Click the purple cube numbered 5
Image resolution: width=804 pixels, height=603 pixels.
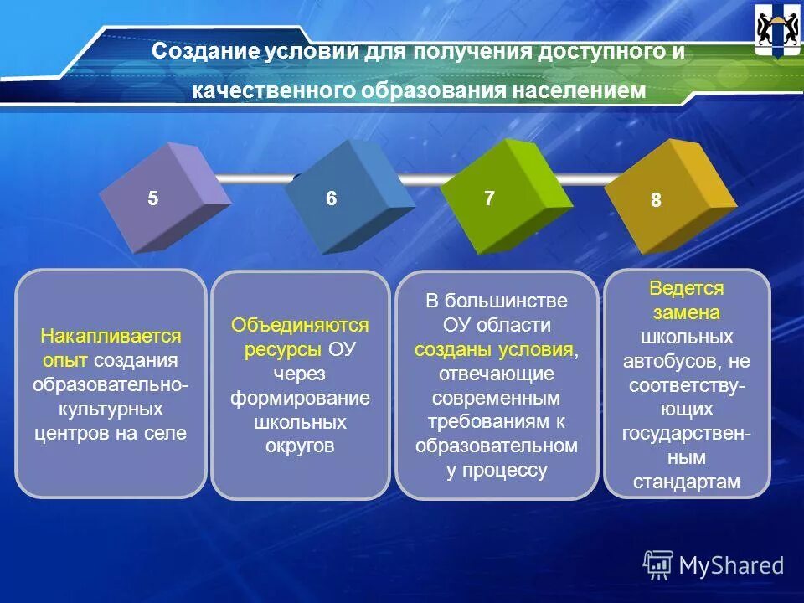164,198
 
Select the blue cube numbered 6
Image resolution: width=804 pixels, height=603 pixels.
348,198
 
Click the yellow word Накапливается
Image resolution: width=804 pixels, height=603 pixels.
111,337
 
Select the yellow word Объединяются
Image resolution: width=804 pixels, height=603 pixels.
300,325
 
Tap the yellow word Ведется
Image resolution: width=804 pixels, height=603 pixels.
686,288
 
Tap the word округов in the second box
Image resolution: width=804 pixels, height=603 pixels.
300,446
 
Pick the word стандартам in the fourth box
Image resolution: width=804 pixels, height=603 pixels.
686,482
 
